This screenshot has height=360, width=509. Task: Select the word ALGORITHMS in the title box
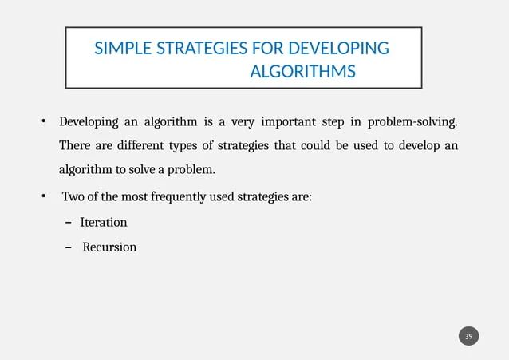click(x=302, y=73)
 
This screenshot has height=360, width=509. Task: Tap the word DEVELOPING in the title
click(x=341, y=49)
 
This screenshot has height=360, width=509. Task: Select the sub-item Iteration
click(x=103, y=222)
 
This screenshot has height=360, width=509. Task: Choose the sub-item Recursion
click(x=109, y=247)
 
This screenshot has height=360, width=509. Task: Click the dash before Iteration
click(x=69, y=222)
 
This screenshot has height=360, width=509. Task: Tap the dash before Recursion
click(x=69, y=247)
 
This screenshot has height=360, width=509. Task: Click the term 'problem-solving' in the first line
click(x=412, y=122)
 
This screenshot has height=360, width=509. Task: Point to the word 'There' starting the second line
click(x=75, y=147)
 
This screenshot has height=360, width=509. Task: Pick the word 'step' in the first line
click(x=333, y=122)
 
